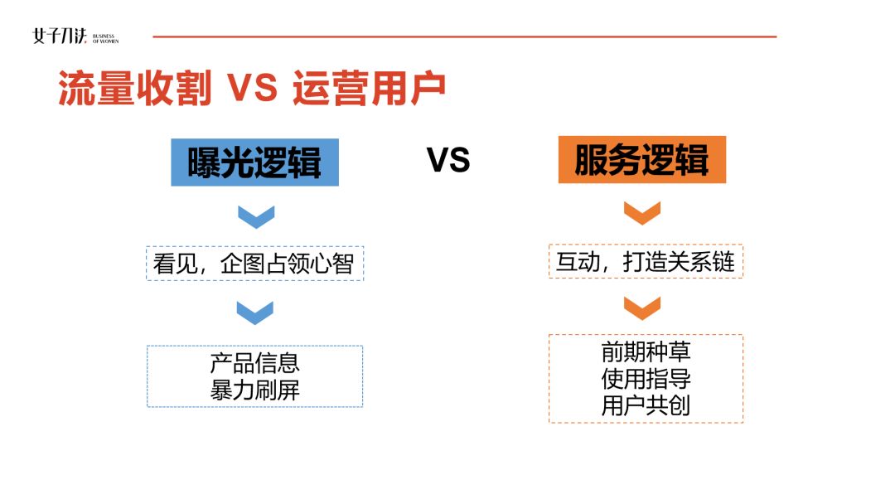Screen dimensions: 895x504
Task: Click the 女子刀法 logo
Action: (x=60, y=36)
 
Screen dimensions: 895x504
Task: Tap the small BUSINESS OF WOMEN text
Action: (x=105, y=39)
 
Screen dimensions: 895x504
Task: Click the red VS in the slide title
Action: (x=252, y=88)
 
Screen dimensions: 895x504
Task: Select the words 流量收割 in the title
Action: (x=135, y=88)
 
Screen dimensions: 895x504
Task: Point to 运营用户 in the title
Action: (x=369, y=88)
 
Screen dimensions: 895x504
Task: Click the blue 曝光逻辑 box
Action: (x=254, y=162)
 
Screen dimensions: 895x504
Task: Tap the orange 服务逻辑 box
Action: (x=642, y=160)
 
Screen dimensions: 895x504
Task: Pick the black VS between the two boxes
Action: (x=448, y=160)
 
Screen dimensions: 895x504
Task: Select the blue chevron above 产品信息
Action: (x=255, y=313)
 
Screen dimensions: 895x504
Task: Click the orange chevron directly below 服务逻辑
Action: (x=642, y=213)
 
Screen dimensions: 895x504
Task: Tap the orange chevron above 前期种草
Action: (x=642, y=308)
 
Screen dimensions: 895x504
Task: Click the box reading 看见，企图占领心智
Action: (x=254, y=263)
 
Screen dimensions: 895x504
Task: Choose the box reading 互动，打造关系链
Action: (x=646, y=261)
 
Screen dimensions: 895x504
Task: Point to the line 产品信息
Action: (x=254, y=363)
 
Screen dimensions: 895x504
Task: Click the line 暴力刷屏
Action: (x=254, y=390)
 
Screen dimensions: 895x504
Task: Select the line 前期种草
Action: (x=646, y=351)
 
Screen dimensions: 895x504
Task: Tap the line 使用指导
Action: (x=646, y=379)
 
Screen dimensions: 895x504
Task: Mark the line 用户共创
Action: (x=646, y=406)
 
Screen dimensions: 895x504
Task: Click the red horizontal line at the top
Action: (x=465, y=36)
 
